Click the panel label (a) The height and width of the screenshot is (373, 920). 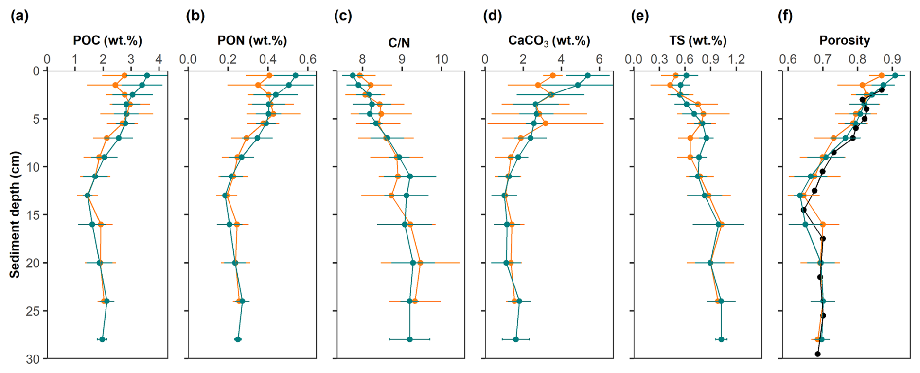[x=19, y=16]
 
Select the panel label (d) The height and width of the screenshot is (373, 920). [x=492, y=16]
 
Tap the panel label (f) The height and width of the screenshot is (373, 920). [x=785, y=16]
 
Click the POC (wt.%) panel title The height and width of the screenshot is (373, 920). [x=107, y=40]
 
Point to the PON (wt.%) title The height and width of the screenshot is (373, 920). [x=252, y=40]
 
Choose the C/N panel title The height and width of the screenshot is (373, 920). [x=399, y=43]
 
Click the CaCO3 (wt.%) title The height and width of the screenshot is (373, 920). [x=549, y=40]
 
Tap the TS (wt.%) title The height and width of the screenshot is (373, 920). [x=697, y=40]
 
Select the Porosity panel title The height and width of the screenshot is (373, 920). [x=845, y=40]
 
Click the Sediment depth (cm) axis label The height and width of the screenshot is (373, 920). [x=15, y=214]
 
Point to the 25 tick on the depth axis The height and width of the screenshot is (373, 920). [x=33, y=311]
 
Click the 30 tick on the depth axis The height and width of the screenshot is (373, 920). [x=33, y=359]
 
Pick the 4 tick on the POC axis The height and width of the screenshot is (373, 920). [x=159, y=59]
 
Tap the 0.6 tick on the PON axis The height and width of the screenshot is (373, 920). [x=307, y=59]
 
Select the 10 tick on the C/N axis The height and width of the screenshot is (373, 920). [x=441, y=59]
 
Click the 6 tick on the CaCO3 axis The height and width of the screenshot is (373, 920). [x=599, y=59]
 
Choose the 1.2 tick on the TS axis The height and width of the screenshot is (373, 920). [x=737, y=59]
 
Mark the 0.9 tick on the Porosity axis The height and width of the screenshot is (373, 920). [x=892, y=59]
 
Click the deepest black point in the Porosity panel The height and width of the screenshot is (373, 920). [x=817, y=354]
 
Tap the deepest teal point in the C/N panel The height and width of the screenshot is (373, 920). [x=409, y=339]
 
